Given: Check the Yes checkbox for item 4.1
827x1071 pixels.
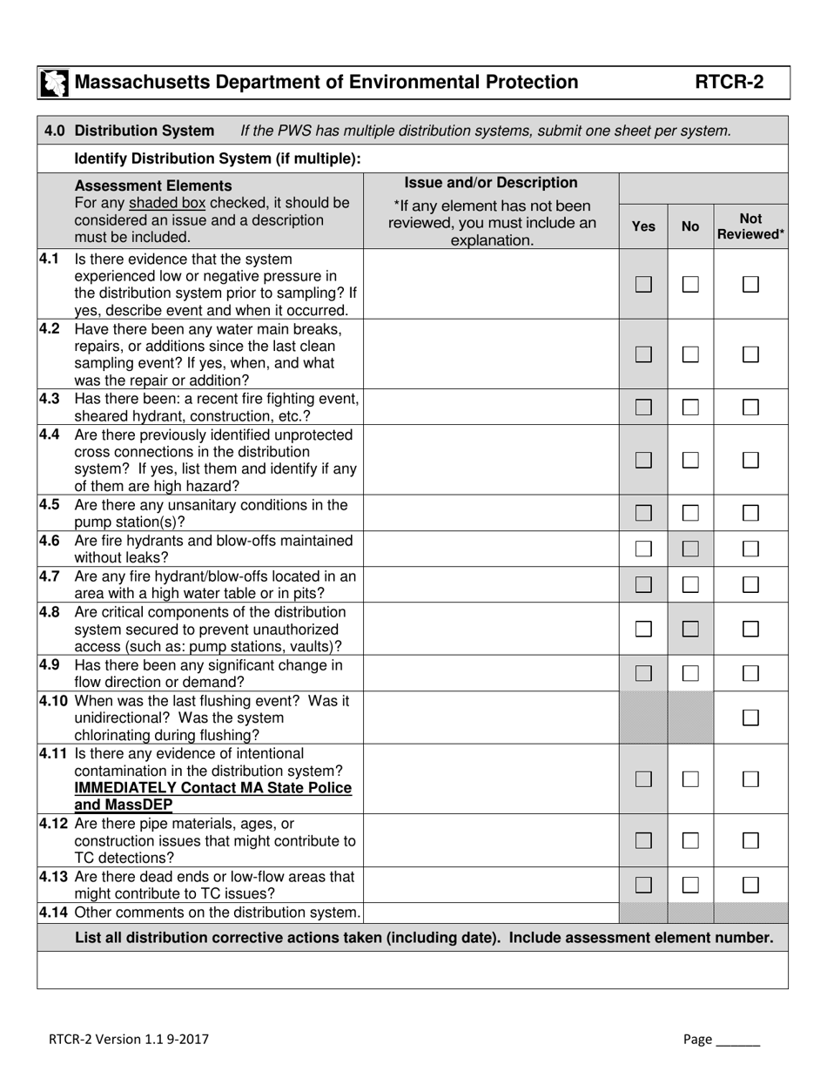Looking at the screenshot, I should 643,284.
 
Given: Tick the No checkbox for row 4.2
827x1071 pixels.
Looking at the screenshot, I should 690,354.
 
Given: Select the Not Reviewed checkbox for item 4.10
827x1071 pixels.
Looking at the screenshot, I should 750,717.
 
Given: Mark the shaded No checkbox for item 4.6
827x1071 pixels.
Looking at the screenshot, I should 690,549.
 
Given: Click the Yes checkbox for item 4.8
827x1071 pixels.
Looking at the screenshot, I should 643,629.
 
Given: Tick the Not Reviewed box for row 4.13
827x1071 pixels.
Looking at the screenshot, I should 750,885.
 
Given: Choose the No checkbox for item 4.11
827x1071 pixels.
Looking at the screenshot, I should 690,779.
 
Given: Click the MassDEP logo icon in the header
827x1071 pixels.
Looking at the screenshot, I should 52,83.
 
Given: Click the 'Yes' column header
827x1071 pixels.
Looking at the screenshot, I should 643,226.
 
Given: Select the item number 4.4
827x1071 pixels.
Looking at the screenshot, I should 50,434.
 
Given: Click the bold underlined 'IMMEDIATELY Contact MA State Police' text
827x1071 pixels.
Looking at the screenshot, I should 213,788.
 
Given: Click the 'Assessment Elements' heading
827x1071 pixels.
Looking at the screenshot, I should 153,185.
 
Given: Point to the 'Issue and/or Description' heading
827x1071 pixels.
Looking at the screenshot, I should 491,183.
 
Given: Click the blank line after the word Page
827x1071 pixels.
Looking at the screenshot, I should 738,1041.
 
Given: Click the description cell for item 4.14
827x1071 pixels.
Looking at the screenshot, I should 491,913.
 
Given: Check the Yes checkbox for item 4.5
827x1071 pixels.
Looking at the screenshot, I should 643,514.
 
